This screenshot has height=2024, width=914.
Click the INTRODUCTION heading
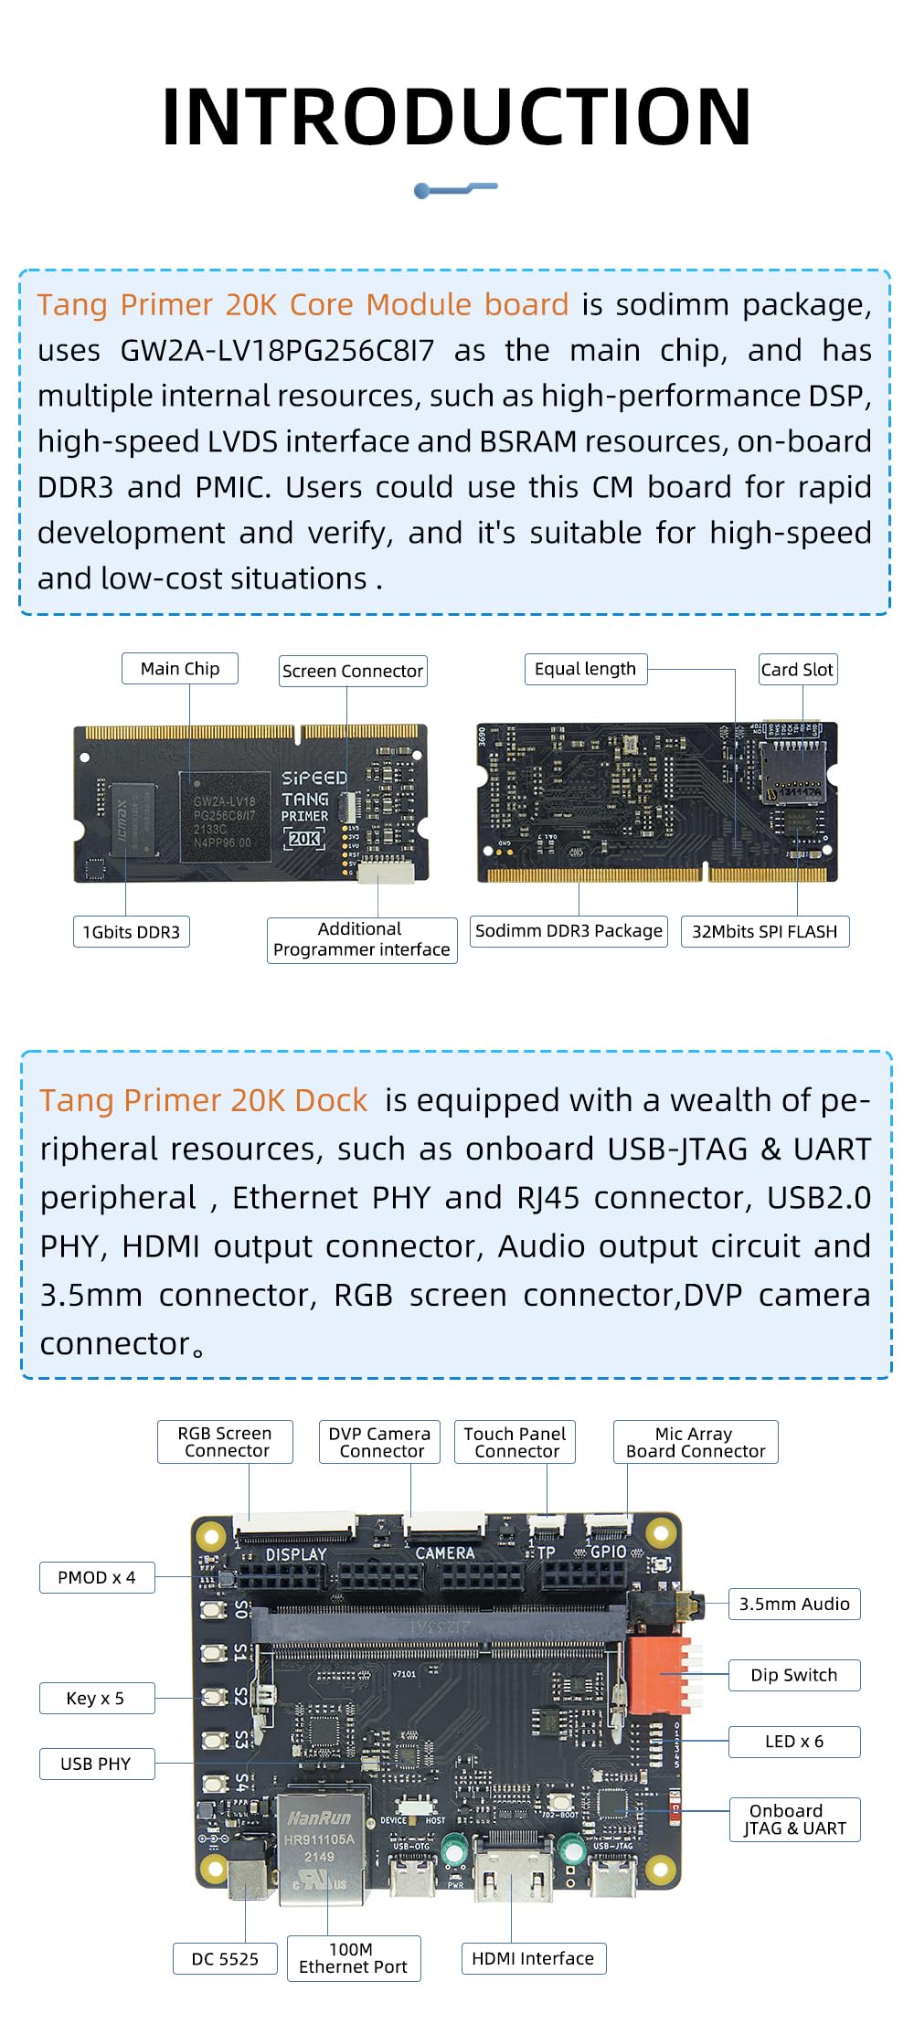tap(456, 116)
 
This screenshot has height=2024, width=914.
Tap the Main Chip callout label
tap(180, 669)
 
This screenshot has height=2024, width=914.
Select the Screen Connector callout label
tap(353, 671)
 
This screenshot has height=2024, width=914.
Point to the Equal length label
tap(585, 669)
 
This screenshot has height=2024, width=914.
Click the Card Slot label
tap(797, 670)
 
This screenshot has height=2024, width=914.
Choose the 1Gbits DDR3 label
tap(132, 932)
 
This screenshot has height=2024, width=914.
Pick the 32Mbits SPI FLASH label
tap(764, 931)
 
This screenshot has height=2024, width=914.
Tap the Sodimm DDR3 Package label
tap(569, 930)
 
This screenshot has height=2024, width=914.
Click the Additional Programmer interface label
tap(362, 939)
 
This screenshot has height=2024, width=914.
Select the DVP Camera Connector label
tap(379, 1442)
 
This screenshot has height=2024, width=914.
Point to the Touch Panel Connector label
tap(515, 1442)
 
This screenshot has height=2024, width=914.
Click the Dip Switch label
tap(793, 1675)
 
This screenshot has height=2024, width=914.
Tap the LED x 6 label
tap(793, 1742)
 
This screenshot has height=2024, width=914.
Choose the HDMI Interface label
tap(533, 1958)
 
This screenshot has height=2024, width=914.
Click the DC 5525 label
tap(225, 1959)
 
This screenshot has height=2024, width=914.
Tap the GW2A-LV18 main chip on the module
tap(225, 816)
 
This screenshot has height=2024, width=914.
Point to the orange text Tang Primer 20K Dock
tap(203, 1100)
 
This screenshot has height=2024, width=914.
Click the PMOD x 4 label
tap(97, 1577)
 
